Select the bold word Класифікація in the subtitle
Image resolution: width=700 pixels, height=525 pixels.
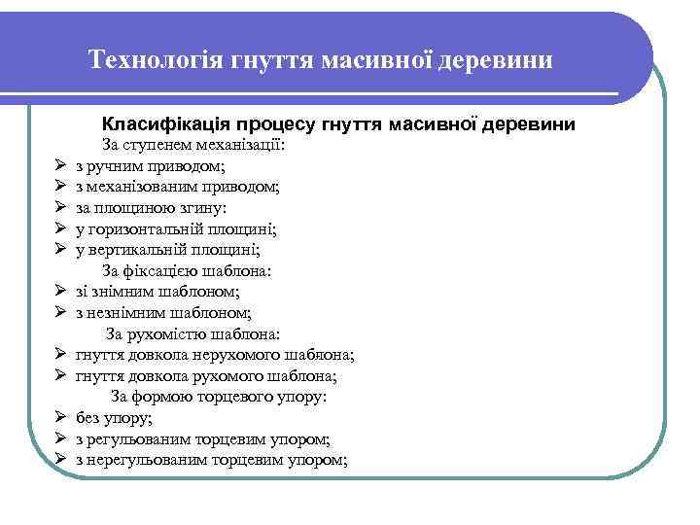163,124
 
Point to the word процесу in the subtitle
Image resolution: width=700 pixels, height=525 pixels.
276,124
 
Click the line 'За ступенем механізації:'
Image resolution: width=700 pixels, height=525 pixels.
192,146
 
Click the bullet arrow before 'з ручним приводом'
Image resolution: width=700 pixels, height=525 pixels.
59,166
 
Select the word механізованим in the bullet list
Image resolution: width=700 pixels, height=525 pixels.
148,187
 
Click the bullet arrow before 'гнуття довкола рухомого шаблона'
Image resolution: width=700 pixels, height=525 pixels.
59,375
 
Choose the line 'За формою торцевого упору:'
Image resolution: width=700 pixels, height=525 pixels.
218,396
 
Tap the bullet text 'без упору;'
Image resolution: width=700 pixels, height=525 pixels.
114,417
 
